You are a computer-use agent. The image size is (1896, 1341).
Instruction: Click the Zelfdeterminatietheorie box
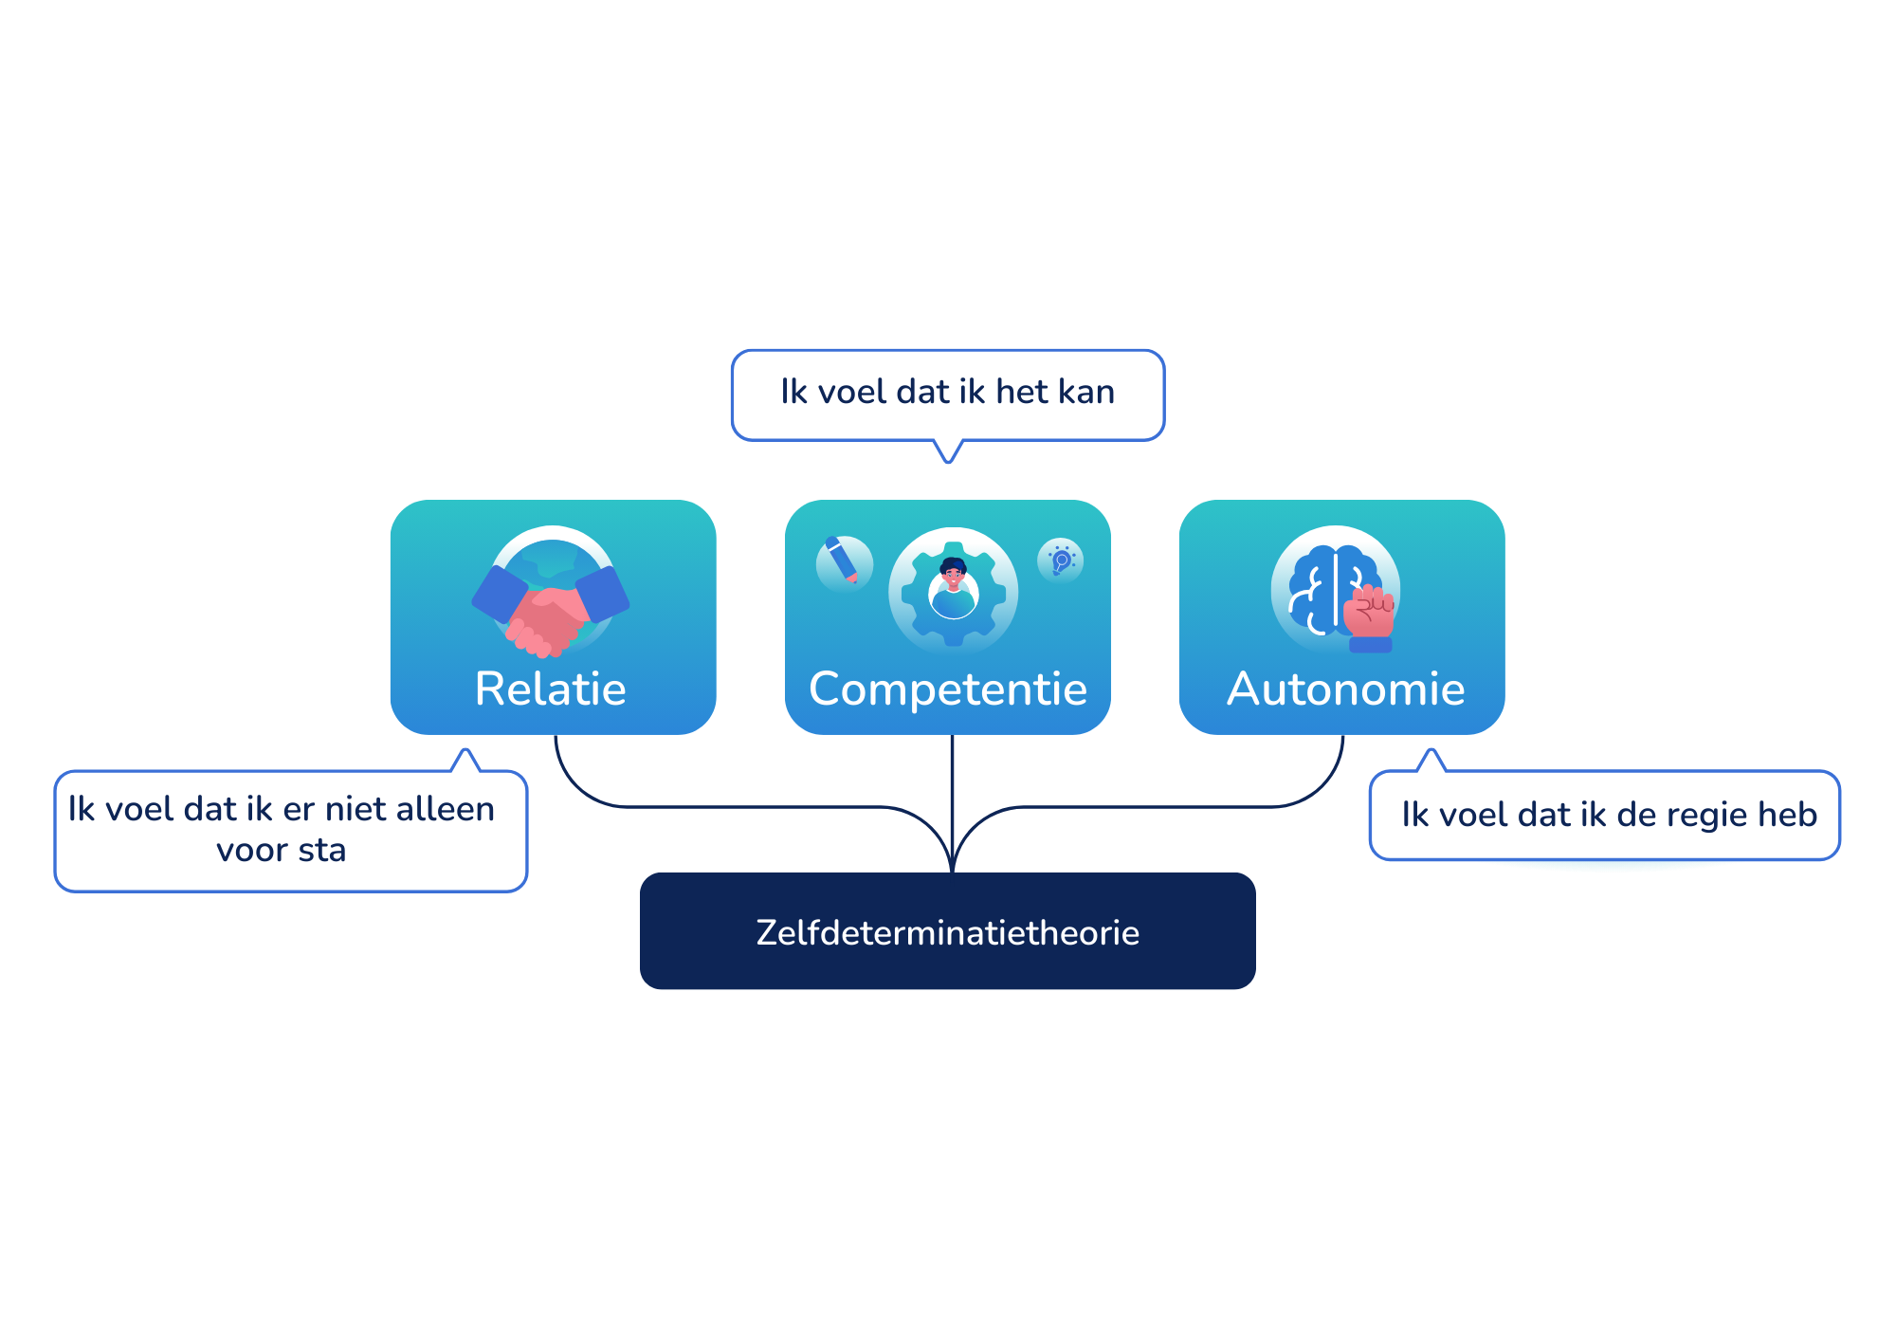pyautogui.click(x=948, y=930)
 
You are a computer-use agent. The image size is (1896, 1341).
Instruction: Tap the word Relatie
pyautogui.click(x=551, y=689)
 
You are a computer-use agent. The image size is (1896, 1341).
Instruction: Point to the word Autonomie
pyautogui.click(x=1346, y=689)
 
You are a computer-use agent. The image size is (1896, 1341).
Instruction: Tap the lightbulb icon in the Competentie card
pyautogui.click(x=1061, y=560)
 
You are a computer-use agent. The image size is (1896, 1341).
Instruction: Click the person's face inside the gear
pyautogui.click(x=953, y=574)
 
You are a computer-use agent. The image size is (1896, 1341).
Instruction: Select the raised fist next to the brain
pyautogui.click(x=1370, y=616)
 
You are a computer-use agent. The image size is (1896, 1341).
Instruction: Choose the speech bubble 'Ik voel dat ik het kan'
pyautogui.click(x=948, y=395)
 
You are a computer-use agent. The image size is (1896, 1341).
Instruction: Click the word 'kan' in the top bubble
pyautogui.click(x=1086, y=391)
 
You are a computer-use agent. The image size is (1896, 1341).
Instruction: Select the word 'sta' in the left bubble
pyautogui.click(x=322, y=851)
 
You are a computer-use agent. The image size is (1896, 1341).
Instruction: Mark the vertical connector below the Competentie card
pyautogui.click(x=952, y=803)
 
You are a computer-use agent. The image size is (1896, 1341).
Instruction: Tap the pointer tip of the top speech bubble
pyautogui.click(x=948, y=463)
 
